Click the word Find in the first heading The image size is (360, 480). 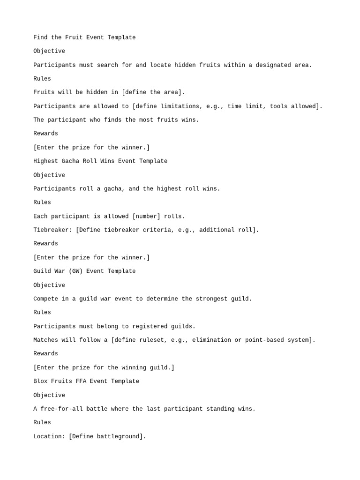click(40, 37)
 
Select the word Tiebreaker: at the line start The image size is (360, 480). click(52, 230)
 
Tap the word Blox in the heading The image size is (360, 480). click(40, 382)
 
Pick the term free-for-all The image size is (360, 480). click(61, 409)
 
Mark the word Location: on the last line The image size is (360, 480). click(49, 437)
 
